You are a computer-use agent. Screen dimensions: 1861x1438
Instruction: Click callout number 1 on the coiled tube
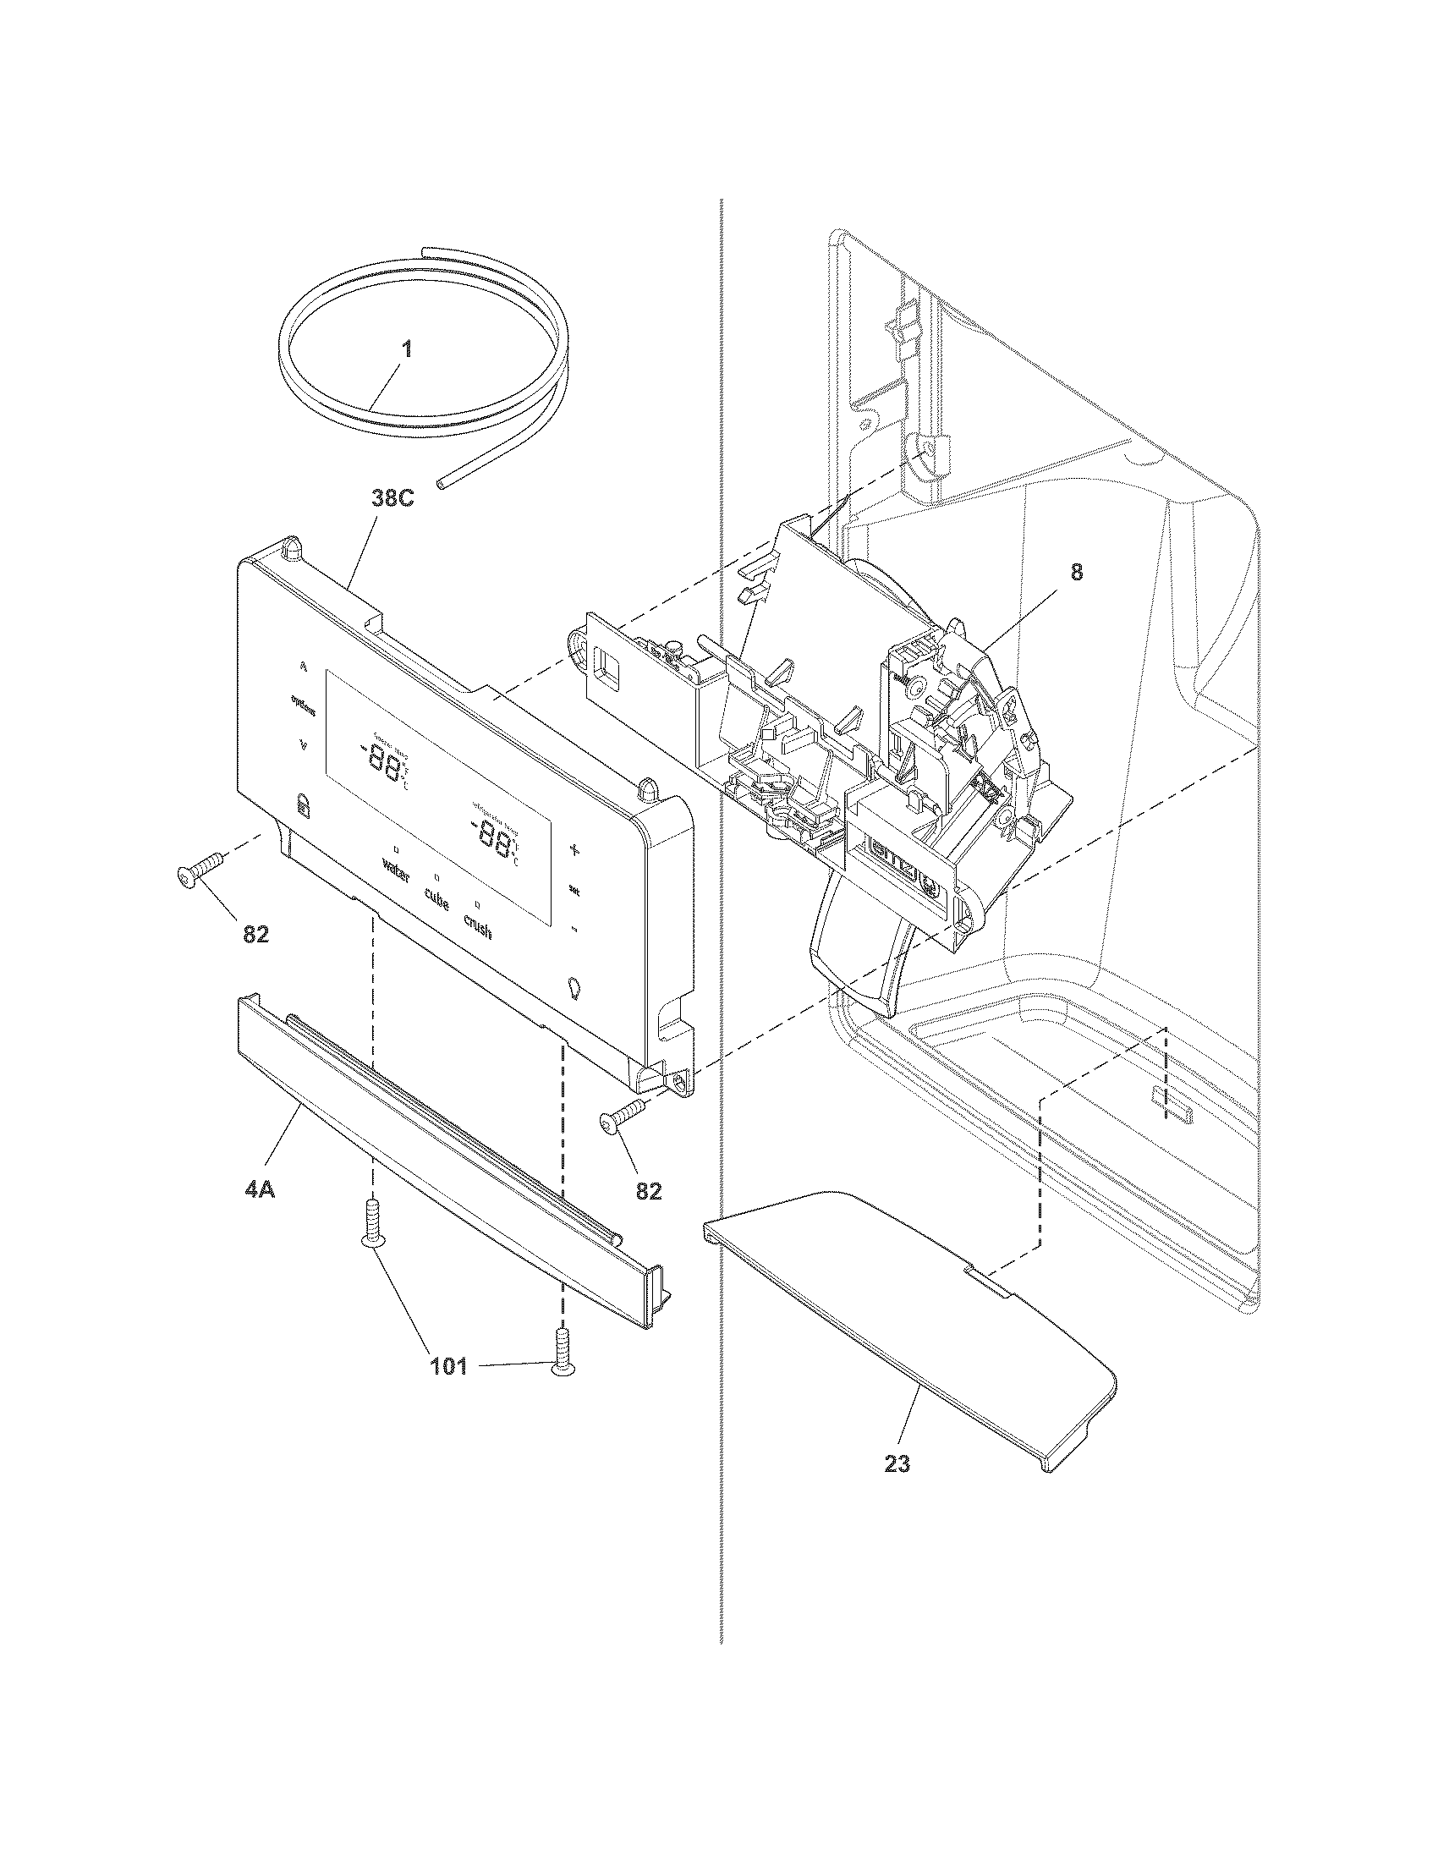(407, 349)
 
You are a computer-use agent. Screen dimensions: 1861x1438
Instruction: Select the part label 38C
(392, 498)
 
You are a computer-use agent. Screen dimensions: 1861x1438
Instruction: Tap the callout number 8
(1077, 573)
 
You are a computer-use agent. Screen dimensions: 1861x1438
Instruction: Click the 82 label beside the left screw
(255, 934)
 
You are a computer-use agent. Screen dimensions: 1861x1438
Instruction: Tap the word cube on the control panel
(436, 902)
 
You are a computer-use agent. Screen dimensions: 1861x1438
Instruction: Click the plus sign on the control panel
(574, 848)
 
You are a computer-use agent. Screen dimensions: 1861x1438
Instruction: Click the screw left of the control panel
(198, 870)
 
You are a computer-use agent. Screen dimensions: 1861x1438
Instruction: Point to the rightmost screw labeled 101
(563, 1355)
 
